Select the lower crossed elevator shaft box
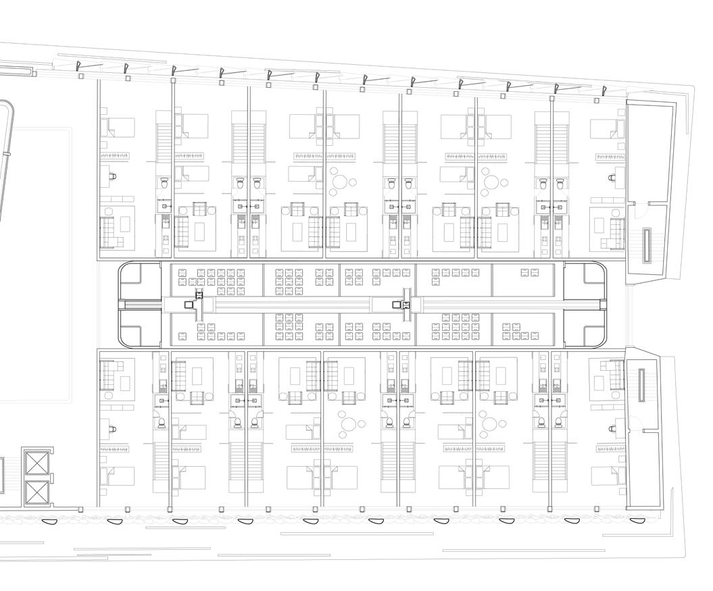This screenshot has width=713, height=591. point(36,492)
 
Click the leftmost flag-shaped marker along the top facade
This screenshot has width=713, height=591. point(80,66)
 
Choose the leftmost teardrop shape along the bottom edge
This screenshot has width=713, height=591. point(48,521)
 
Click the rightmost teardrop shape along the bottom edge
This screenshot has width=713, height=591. point(635,520)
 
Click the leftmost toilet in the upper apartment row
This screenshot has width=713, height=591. point(164,183)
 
